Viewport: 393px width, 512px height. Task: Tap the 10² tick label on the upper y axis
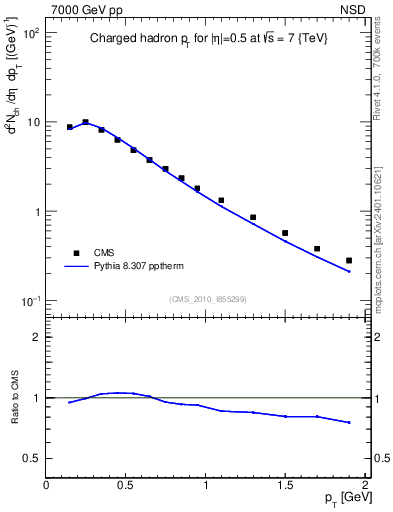pyautogui.click(x=31, y=33)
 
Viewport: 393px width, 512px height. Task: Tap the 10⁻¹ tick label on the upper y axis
pyautogui.click(x=31, y=301)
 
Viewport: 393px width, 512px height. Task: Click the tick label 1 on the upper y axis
pyautogui.click(x=36, y=212)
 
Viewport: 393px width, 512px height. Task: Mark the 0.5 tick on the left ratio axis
pyautogui.click(x=32, y=458)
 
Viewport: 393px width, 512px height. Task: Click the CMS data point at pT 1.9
pyautogui.click(x=349, y=260)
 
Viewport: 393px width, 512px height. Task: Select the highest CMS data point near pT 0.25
pyautogui.click(x=86, y=122)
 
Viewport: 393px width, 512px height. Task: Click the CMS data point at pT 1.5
pyautogui.click(x=285, y=233)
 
